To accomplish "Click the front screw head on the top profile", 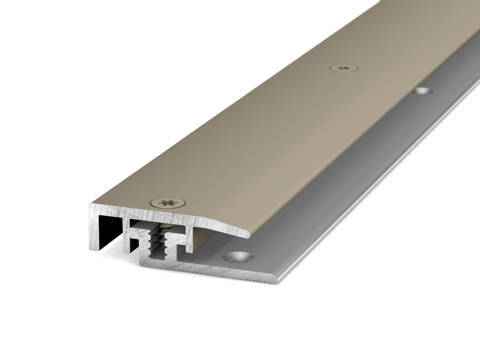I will click(x=168, y=202).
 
